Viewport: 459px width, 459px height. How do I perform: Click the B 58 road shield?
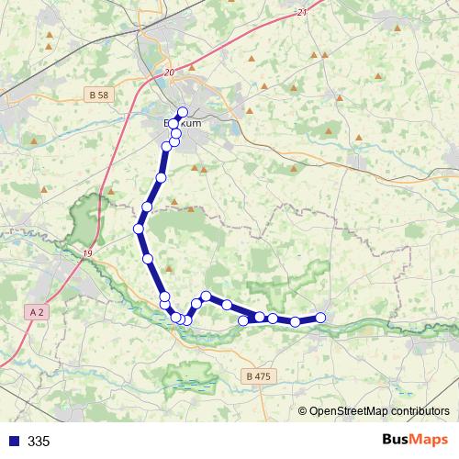[100, 95]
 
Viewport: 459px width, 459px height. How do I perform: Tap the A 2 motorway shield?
[37, 312]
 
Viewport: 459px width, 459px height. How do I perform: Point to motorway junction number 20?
[169, 72]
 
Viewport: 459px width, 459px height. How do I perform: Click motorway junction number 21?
[303, 12]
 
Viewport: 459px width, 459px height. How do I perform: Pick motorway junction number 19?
[87, 253]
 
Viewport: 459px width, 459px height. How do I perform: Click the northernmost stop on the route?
[182, 112]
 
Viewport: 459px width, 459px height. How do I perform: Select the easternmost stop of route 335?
[320, 318]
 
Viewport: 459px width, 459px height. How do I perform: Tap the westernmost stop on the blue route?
[139, 229]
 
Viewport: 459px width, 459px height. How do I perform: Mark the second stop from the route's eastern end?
[295, 321]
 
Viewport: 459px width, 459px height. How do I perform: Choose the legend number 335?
[39, 442]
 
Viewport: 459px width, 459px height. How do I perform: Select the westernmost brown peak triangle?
[34, 140]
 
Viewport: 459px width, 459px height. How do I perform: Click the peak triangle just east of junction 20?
[191, 67]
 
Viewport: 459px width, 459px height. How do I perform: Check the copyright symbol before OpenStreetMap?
[303, 411]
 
